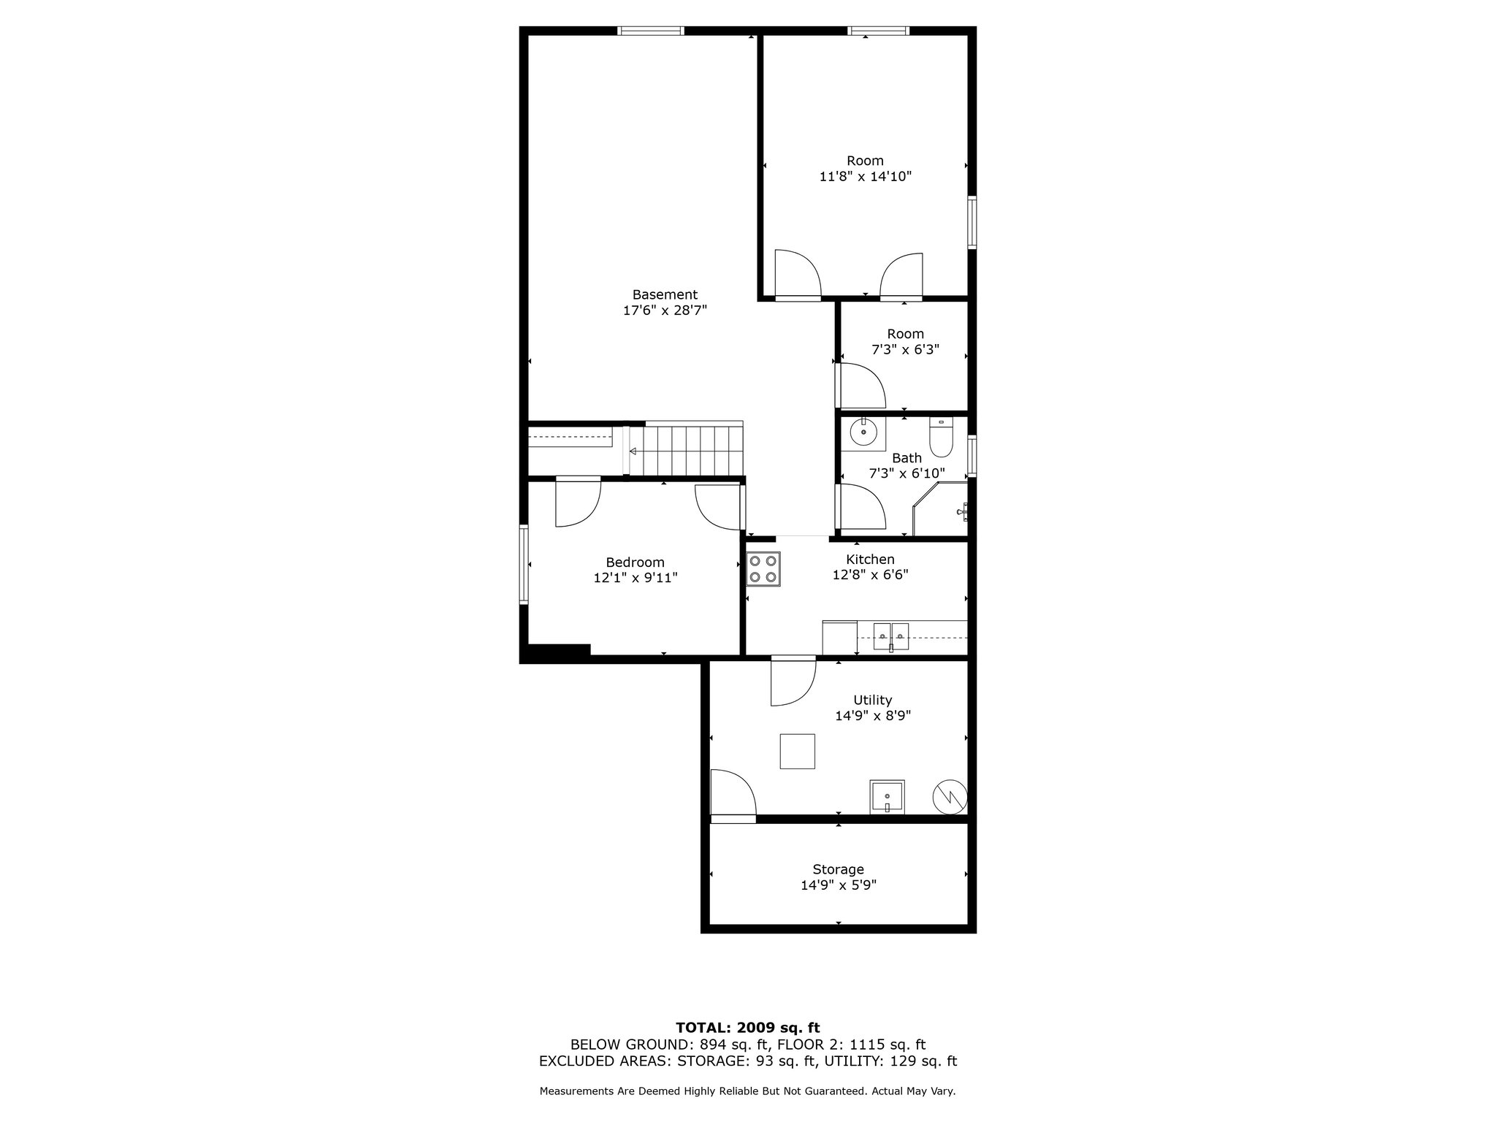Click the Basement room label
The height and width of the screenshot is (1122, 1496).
tap(665, 294)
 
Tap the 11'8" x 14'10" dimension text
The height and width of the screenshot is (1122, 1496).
tap(865, 176)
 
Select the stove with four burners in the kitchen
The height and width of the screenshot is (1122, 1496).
tap(763, 569)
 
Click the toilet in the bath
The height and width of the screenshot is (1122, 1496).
tap(941, 436)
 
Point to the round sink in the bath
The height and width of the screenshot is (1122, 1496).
tap(863, 432)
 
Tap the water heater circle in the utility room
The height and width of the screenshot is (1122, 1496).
tap(950, 796)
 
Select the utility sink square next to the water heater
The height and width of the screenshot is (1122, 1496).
tap(887, 797)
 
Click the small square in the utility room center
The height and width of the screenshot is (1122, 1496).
tap(797, 751)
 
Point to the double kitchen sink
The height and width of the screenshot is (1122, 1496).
tap(890, 636)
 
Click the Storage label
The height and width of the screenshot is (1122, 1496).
tap(838, 869)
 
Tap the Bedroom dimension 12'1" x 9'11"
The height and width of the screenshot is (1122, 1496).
tap(636, 578)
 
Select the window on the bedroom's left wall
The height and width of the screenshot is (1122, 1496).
tap(524, 564)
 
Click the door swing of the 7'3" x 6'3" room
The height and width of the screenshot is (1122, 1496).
tap(862, 386)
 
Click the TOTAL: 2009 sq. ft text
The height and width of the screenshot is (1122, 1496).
tap(747, 1028)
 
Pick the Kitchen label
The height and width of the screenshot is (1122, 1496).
tap(870, 560)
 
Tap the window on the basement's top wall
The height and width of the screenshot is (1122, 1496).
tap(650, 31)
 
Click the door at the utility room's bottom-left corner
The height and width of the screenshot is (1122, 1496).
tap(733, 794)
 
